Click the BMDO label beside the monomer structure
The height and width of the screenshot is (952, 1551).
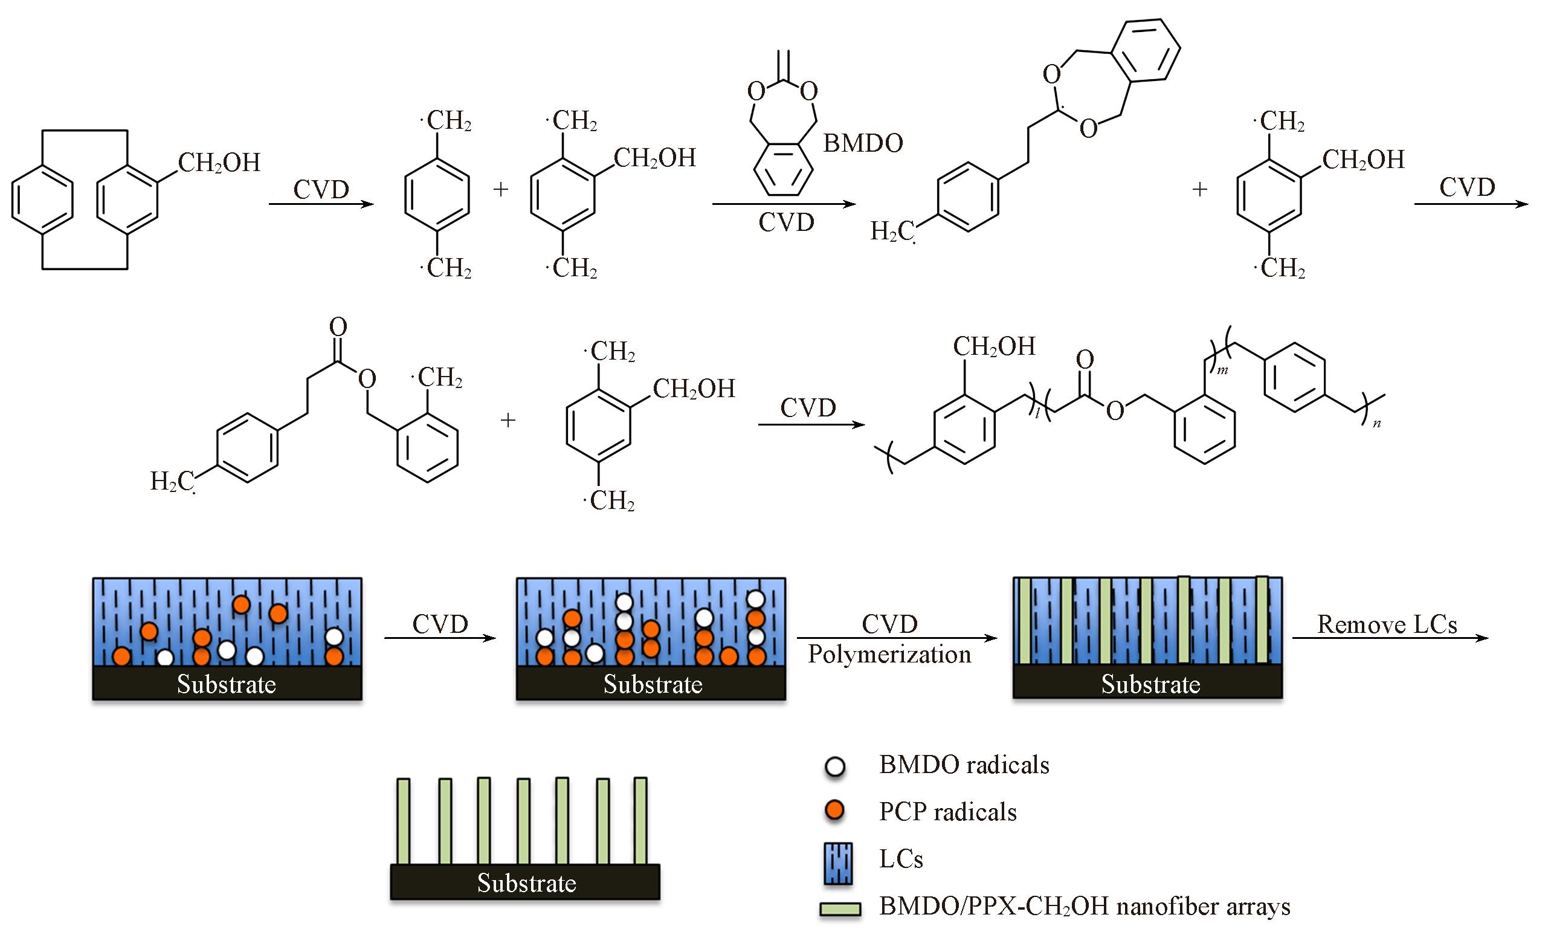(x=862, y=144)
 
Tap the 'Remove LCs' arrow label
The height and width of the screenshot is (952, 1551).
(x=1387, y=624)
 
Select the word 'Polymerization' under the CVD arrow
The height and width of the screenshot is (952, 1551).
(x=889, y=655)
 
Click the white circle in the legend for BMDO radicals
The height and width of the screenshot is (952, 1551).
(x=835, y=767)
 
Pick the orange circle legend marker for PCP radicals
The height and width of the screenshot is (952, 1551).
(x=835, y=811)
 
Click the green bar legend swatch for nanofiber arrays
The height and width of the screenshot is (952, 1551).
(x=840, y=909)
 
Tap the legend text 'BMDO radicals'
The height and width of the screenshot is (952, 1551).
(x=964, y=765)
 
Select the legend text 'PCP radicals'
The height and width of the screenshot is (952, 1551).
(x=947, y=812)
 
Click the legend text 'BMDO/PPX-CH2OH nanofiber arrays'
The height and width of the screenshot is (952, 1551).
(x=1085, y=907)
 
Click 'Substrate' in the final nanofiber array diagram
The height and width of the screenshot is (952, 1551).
(x=526, y=883)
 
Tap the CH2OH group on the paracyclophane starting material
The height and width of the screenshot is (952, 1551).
(x=219, y=163)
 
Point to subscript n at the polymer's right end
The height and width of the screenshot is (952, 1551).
(x=1376, y=424)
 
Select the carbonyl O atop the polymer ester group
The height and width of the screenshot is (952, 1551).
(x=1084, y=360)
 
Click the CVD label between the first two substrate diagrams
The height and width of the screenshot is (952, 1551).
(x=440, y=624)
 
